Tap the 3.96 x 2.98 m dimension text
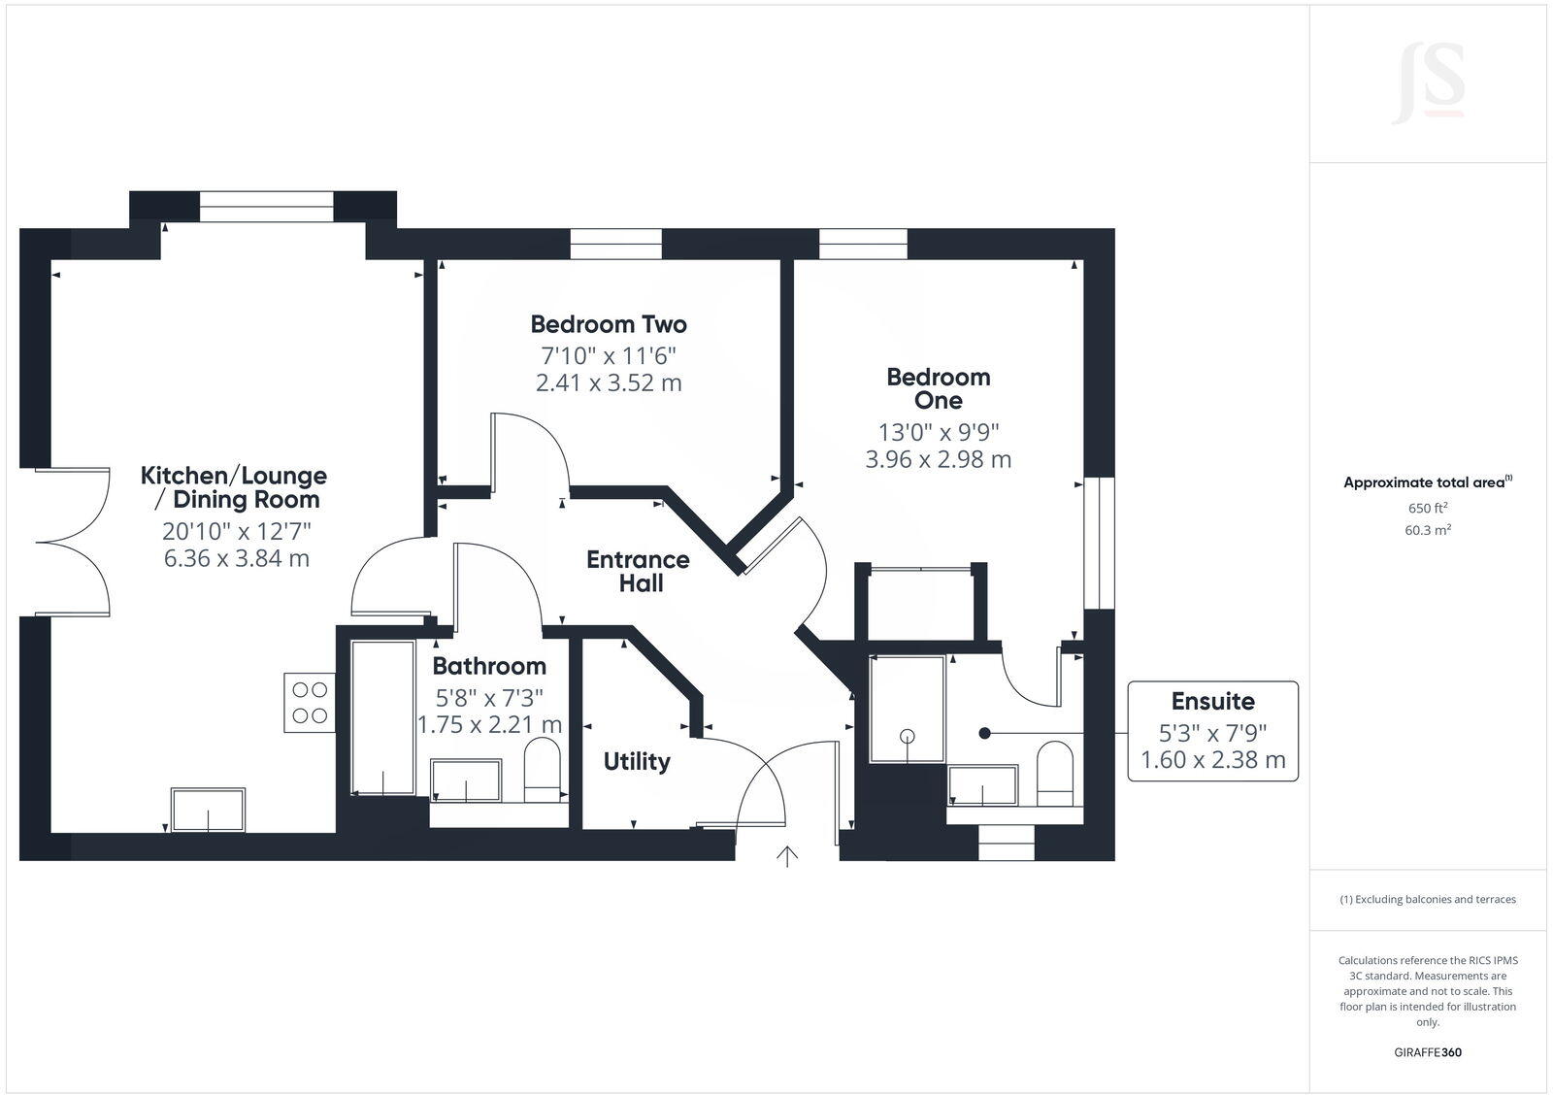click(938, 459)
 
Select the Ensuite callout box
click(1212, 731)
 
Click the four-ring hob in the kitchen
click(309, 703)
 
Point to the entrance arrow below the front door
click(786, 856)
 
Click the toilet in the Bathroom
click(543, 772)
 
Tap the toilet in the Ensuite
click(1055, 776)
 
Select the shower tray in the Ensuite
click(907, 710)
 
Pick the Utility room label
click(637, 762)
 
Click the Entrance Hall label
click(639, 572)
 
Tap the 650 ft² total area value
click(1428, 508)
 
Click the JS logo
click(1428, 85)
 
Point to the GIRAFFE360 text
click(1428, 1052)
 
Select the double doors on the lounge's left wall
click(72, 542)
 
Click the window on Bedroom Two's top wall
click(615, 244)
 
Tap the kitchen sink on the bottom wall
click(208, 810)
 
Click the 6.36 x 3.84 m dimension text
click(237, 558)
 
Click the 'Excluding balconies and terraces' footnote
click(1428, 899)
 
